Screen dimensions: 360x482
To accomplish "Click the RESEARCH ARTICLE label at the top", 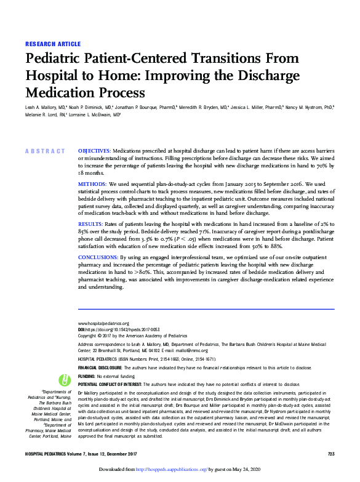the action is (x=53, y=44).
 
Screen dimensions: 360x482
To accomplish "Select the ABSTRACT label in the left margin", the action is (x=44, y=151).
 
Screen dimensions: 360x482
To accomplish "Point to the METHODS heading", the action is (x=92, y=184).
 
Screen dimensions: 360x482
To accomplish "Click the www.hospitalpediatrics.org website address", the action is (x=102, y=323).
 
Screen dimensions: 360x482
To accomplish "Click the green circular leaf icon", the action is (x=62, y=379).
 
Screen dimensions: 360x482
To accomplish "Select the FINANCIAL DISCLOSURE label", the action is (x=100, y=367).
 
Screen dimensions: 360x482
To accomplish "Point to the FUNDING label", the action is (x=87, y=376).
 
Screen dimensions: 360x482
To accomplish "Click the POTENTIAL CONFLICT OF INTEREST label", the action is (x=113, y=384).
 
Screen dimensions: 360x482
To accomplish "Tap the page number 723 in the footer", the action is (x=330, y=453).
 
